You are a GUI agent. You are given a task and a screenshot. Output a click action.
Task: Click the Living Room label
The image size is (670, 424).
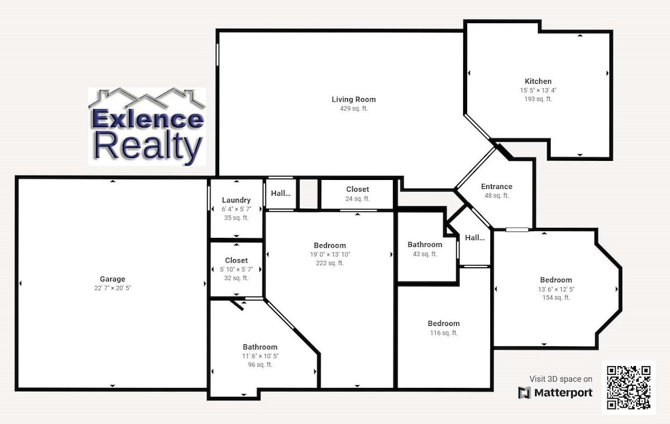point(353,100)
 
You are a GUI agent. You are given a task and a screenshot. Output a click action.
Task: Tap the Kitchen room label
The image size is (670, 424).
point(538,81)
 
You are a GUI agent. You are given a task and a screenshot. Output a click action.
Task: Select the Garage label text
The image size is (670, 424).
point(112,279)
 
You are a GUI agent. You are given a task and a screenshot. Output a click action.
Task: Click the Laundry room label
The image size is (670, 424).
point(236,200)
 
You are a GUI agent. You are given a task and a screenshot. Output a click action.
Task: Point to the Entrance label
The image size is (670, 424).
point(496,187)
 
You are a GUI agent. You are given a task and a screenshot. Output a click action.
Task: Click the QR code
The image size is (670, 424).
point(628,388)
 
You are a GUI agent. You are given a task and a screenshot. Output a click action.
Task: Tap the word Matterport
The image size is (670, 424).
point(563,393)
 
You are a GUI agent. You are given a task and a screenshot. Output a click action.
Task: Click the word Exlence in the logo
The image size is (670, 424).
point(147,119)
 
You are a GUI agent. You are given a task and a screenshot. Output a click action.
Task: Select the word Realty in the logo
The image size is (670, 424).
point(147,146)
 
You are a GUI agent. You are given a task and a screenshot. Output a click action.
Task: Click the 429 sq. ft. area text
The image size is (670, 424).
point(353,109)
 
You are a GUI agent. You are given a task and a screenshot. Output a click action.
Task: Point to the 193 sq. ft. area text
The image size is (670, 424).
point(538,99)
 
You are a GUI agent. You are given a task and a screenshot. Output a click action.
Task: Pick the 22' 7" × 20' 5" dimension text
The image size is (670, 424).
point(112,288)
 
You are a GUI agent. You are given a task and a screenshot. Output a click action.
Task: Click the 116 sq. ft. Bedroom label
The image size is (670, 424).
point(443,323)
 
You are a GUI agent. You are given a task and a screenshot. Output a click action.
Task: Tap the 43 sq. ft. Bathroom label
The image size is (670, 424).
point(425,245)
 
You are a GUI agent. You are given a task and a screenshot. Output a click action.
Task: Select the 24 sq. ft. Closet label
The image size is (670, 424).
point(357,190)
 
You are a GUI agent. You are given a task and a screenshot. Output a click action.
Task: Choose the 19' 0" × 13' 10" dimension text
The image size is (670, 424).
point(330,254)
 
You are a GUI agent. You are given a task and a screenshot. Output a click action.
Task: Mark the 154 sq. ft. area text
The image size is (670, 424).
point(556,298)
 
